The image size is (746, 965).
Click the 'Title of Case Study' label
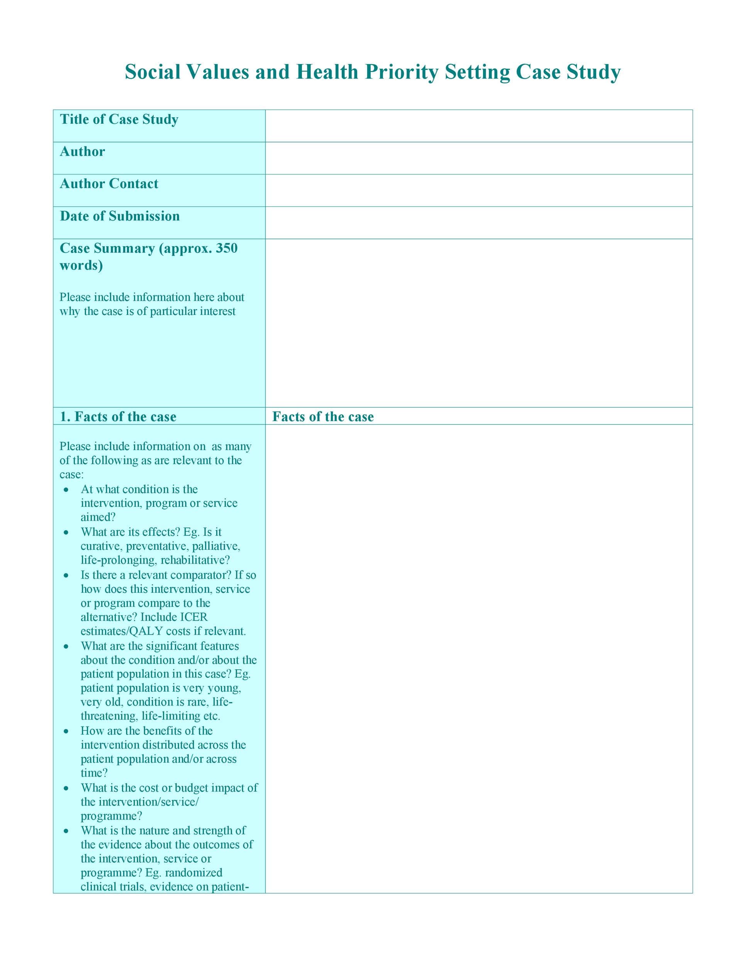click(119, 119)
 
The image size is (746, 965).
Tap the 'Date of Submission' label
click(120, 216)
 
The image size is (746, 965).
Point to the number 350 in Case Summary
click(226, 248)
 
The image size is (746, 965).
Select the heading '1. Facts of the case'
click(118, 416)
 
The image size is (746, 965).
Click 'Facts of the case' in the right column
click(323, 416)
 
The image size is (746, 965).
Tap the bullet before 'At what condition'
click(66, 489)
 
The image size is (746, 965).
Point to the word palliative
click(216, 546)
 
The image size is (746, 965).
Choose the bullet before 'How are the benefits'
click(66, 731)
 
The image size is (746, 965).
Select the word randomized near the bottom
click(193, 873)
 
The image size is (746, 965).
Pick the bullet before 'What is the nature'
click(66, 831)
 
